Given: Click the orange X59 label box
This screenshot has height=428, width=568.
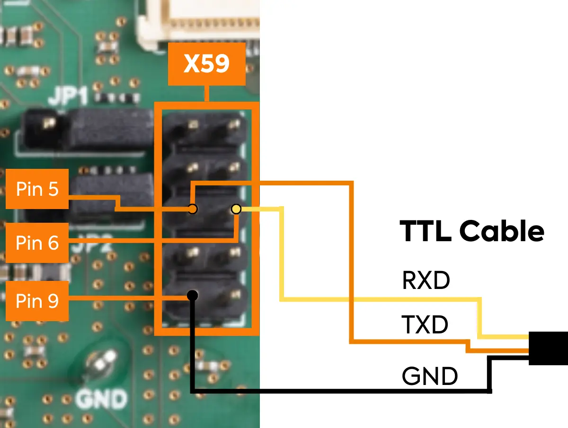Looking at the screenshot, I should [x=207, y=64].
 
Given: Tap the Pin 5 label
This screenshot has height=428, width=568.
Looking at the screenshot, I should [x=37, y=189].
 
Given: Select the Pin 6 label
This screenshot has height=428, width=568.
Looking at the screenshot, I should [x=37, y=243].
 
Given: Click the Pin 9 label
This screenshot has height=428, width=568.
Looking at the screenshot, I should [x=37, y=301].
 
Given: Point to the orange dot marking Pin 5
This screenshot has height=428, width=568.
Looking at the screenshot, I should [x=193, y=209].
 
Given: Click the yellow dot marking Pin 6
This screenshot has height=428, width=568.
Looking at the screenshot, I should [x=236, y=209].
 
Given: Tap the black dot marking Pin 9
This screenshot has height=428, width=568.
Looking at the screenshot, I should [x=192, y=296].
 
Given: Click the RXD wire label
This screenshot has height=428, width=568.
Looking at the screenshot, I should [x=426, y=281].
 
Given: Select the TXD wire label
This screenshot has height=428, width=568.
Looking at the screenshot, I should [x=425, y=325].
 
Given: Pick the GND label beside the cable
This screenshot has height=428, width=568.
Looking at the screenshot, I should [x=429, y=377].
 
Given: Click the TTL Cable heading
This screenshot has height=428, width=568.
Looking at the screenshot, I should [x=472, y=231].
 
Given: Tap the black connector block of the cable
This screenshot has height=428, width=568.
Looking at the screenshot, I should [x=548, y=348].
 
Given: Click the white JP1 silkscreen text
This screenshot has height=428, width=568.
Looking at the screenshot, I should [x=69, y=97].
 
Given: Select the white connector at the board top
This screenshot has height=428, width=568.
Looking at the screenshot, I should [x=199, y=21].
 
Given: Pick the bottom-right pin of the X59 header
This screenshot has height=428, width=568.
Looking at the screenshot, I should [x=234, y=295].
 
